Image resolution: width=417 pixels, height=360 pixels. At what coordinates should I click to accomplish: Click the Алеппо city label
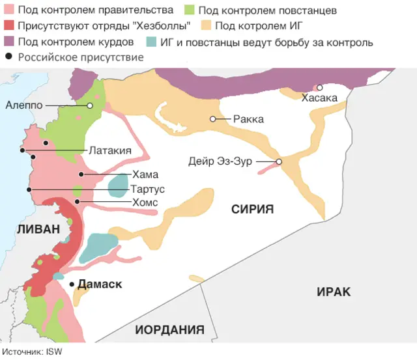coord(25,105)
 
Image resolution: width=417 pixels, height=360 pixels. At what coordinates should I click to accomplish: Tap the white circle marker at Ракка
coord(212,119)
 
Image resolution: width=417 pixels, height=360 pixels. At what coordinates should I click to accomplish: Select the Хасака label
coord(319,98)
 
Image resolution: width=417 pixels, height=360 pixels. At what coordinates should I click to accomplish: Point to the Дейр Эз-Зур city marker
coord(279,162)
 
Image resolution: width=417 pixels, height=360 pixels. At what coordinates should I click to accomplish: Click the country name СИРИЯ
coord(252,209)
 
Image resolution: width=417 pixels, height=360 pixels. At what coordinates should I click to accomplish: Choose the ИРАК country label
coord(334,292)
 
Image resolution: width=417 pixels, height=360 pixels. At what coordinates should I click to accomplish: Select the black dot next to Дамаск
coord(72,284)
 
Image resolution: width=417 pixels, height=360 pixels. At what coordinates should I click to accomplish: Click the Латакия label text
coord(110,150)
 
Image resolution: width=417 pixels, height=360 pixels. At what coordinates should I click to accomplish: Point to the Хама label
coord(145,174)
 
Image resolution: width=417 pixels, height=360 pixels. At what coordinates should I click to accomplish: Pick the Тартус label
coord(148,189)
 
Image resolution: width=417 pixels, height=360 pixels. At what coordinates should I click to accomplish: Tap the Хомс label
coord(145,202)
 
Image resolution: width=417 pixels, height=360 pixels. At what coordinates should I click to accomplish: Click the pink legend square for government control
coord(8,10)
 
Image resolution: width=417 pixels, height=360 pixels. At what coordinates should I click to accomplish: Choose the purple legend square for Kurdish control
coord(8,42)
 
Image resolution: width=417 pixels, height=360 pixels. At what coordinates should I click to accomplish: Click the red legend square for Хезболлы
coord(8,26)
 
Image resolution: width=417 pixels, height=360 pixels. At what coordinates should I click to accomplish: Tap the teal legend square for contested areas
coord(152,42)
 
